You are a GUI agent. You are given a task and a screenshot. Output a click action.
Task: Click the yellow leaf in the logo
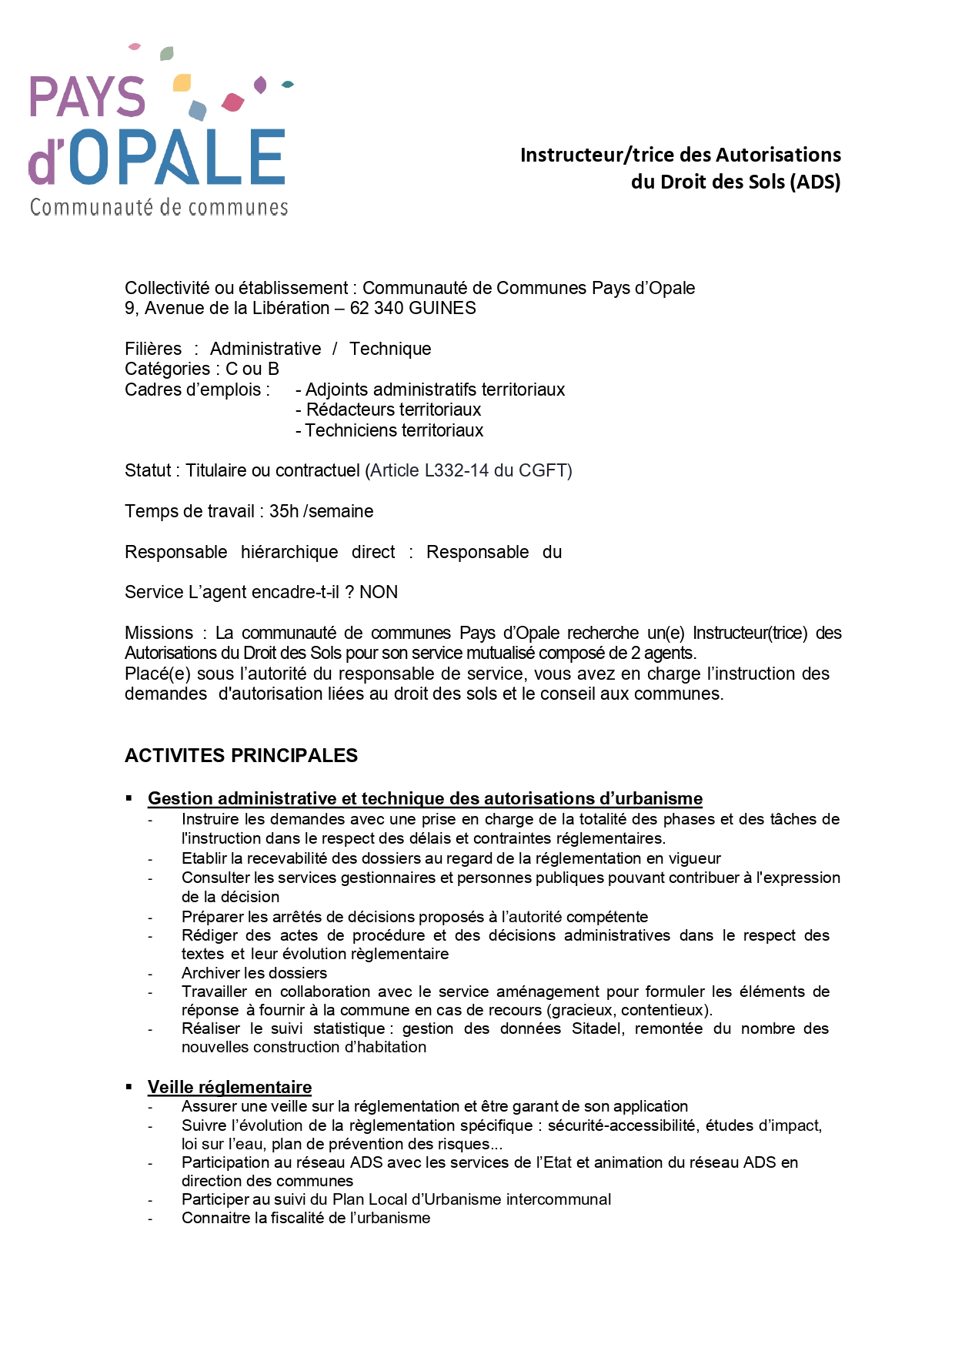coord(182,82)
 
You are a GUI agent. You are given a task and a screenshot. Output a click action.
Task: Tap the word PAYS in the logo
coord(87,97)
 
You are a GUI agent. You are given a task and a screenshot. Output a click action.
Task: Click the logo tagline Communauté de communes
coord(159,207)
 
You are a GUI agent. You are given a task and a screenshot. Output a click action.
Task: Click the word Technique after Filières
coord(390,349)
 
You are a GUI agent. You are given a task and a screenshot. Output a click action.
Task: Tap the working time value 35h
coord(284,511)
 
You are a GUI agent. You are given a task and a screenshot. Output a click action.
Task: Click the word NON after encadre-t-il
coord(379,592)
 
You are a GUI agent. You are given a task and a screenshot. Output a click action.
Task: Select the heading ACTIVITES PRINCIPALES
coord(241,755)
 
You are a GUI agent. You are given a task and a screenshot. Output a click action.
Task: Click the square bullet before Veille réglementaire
coord(129,1086)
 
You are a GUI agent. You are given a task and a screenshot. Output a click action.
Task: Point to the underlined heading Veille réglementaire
coord(229,1087)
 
